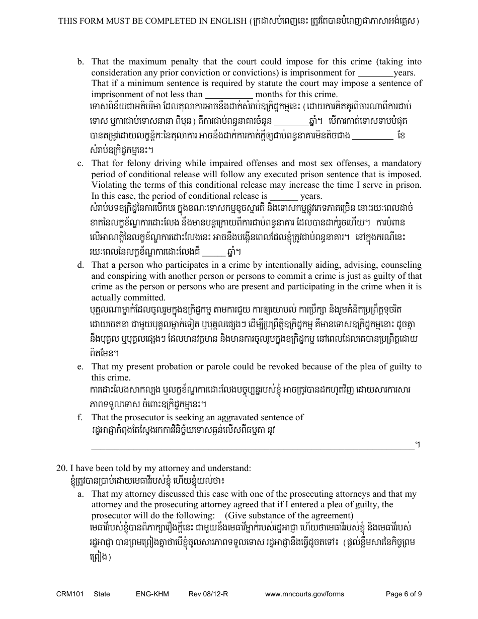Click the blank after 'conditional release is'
[x=284, y=197]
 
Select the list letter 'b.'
[x=80, y=62]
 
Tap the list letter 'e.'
[x=80, y=367]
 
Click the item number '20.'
[x=62, y=469]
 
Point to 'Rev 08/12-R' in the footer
[x=208, y=594]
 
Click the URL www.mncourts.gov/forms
[x=304, y=594]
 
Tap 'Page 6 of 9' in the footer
[x=404, y=594]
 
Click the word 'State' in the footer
[x=102, y=594]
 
